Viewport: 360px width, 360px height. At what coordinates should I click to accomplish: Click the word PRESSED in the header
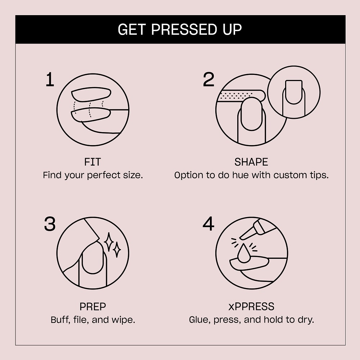[184, 30]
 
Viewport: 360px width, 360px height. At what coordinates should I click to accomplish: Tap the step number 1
[50, 80]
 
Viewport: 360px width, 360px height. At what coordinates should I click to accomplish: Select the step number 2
[208, 80]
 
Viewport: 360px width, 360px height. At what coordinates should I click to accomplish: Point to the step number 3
[50, 224]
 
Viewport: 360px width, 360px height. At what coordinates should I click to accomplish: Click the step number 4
[208, 224]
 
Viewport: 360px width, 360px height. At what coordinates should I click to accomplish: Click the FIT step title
[93, 162]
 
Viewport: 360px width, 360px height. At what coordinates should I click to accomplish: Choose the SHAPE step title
[251, 162]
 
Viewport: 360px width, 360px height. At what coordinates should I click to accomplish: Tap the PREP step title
[93, 306]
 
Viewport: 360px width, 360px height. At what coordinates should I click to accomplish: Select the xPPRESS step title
[251, 306]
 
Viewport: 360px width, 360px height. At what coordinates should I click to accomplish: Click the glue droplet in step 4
[244, 254]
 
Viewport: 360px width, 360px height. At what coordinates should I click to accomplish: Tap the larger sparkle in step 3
[109, 242]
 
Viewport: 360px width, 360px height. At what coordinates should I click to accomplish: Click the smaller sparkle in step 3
[117, 249]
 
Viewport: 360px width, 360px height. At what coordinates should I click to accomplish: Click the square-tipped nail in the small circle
[294, 92]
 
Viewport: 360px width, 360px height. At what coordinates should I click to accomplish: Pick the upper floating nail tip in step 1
[91, 94]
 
